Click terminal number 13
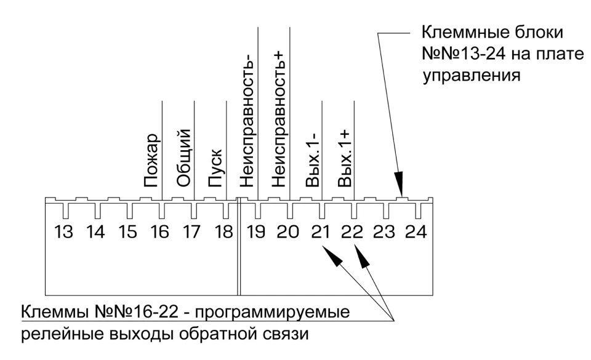[x=63, y=232]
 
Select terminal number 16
[x=159, y=232]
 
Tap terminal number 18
[x=224, y=232]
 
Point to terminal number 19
[x=256, y=232]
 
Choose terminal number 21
[x=320, y=232]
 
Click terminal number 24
[x=416, y=232]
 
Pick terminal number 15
[x=127, y=232]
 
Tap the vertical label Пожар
[x=152, y=161]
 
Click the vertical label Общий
[x=184, y=158]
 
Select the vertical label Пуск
[x=216, y=169]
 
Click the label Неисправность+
[x=279, y=119]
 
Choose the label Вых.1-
[x=313, y=161]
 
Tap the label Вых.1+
[x=345, y=159]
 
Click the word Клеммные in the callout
[x=465, y=33]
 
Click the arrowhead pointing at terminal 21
[x=332, y=255]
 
